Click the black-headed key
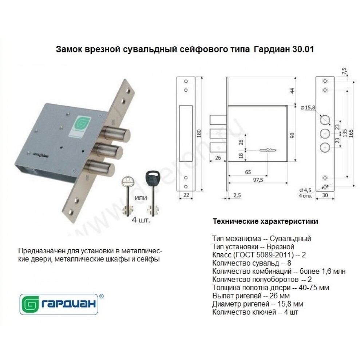pos(152,192)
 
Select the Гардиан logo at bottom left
pos(59,304)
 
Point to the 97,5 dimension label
pos(258,180)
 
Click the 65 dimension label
pos(248,172)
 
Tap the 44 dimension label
pos(292,91)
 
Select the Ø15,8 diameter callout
pos(308,107)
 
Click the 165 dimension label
pos(351,134)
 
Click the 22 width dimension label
pos(186,195)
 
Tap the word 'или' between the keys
pos(141,198)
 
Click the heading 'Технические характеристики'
pos(265,221)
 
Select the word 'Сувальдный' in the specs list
pos(290,238)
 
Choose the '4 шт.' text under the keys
pos(141,219)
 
